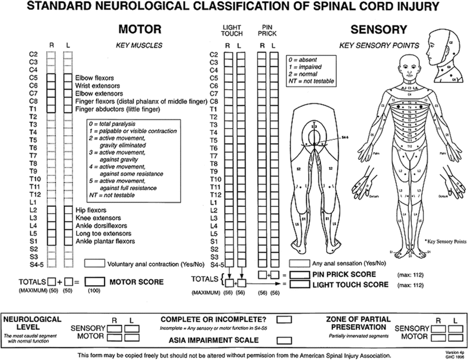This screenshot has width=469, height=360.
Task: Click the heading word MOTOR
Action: tap(139, 29)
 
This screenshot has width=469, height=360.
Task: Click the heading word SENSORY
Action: tap(379, 29)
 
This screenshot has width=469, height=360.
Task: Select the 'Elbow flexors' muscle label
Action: tap(94, 77)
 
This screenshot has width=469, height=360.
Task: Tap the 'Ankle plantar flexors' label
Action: tap(105, 242)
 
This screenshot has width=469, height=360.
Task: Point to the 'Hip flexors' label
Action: tap(90, 210)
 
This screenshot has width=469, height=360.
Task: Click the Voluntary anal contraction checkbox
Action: tap(94, 264)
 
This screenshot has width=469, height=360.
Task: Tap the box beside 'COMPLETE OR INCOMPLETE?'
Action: tap(284, 319)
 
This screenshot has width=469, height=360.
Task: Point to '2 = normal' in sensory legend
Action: tap(304, 74)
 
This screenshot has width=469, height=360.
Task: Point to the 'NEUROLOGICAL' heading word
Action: tap(33, 319)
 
